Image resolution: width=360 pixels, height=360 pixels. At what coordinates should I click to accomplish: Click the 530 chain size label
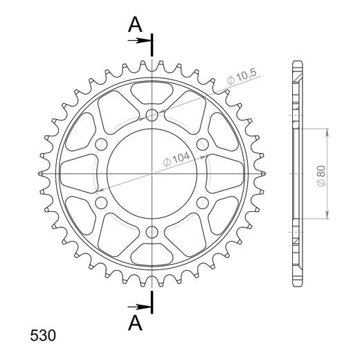click(x=43, y=335)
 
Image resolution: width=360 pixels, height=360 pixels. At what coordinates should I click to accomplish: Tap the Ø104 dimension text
click(x=177, y=159)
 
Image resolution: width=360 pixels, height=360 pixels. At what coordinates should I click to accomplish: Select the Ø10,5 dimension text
click(x=242, y=77)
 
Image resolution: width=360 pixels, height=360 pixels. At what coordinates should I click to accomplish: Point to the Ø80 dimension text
click(x=321, y=175)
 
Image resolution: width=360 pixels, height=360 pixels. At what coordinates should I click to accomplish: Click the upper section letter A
click(x=135, y=25)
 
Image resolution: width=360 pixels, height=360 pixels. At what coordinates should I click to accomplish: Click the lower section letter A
click(x=135, y=323)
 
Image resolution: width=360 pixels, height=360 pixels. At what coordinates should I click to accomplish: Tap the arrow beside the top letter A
click(x=140, y=41)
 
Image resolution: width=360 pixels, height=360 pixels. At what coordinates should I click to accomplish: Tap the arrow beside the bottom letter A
click(x=140, y=307)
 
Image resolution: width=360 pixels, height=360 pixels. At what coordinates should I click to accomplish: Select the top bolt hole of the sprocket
click(x=152, y=115)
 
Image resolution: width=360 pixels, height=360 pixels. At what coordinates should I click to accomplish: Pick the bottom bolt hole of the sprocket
click(x=152, y=232)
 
